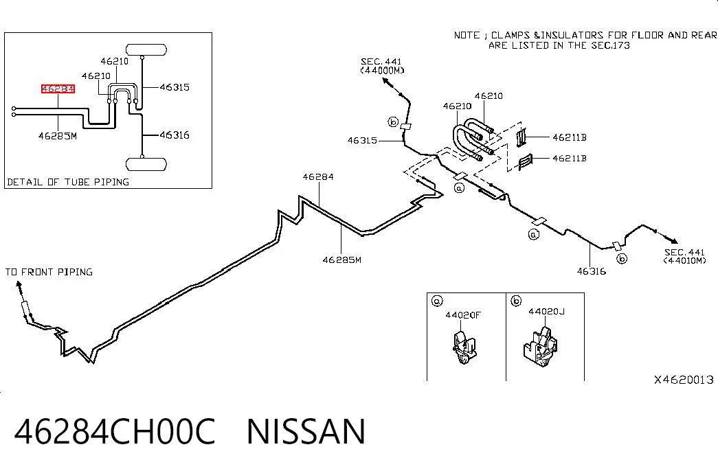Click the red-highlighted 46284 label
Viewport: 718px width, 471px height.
(58, 89)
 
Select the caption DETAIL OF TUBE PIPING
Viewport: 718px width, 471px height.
(68, 182)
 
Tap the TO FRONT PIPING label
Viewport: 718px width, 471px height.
(49, 272)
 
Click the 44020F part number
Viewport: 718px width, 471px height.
(463, 315)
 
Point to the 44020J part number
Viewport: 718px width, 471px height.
(546, 312)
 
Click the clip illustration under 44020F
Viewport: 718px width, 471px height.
(463, 347)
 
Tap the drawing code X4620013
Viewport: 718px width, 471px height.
(684, 380)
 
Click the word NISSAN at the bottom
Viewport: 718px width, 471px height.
(306, 432)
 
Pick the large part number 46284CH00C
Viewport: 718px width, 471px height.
(115, 432)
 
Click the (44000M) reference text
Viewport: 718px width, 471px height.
(382, 71)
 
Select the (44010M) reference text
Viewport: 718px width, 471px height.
(684, 260)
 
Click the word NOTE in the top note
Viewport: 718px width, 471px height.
(467, 35)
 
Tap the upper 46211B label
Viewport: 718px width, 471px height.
(569, 137)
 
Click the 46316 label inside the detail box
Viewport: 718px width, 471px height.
(175, 135)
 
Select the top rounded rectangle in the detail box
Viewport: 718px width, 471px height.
(146, 49)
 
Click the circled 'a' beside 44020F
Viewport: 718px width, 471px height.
(437, 301)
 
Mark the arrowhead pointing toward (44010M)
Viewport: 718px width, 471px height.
(673, 241)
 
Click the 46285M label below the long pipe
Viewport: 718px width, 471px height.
(341, 260)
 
